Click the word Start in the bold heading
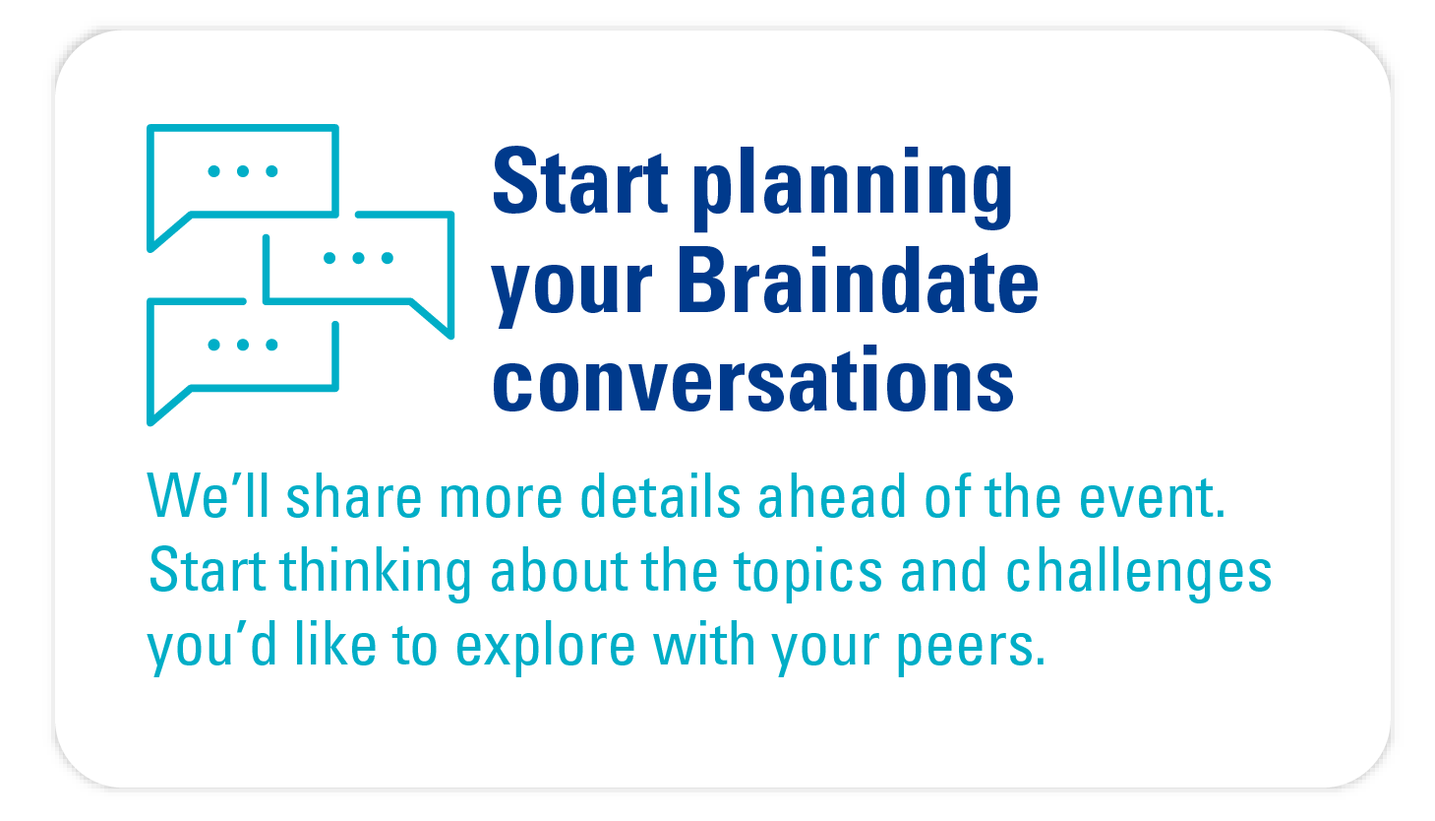pos(580,181)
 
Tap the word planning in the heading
pos(853,188)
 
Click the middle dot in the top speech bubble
pos(243,171)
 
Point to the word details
pos(661,496)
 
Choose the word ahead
pos(832,496)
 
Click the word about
pos(558,570)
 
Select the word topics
pos(808,574)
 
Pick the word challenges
pos(1139,574)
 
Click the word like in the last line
pos(335,644)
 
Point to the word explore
pos(545,648)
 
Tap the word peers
pos(971,649)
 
